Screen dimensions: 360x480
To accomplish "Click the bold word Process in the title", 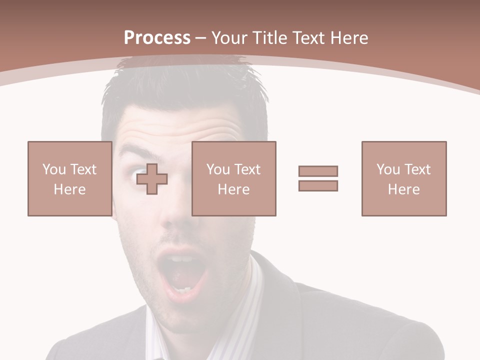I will point(157,38).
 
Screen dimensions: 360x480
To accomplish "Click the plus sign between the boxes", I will point(152,178).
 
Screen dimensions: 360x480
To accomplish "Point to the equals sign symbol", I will point(318,178).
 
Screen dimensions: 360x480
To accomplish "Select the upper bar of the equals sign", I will point(318,171).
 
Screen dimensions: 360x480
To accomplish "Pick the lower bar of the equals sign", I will point(318,185).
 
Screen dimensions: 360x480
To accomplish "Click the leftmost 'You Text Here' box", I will point(70,178).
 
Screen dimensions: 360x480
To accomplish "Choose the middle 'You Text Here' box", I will point(234,178).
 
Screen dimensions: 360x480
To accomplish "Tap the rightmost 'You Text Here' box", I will point(404,178).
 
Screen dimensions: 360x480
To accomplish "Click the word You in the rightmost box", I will point(388,169).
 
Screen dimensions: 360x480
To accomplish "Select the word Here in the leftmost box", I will point(69,189).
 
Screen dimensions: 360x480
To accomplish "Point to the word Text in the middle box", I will point(247,169).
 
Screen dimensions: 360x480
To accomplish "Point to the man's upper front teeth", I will point(183,259).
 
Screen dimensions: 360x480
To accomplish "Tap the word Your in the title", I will point(228,38).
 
